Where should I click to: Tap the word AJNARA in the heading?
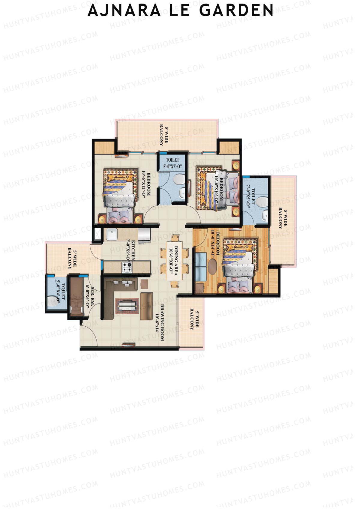(124, 11)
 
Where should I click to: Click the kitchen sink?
(112, 234)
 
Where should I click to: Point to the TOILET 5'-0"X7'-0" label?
(172, 163)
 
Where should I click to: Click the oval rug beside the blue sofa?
(213, 266)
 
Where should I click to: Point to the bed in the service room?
(76, 295)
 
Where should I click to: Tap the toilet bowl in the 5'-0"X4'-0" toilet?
(53, 299)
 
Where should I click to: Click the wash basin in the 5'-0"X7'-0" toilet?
(182, 193)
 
